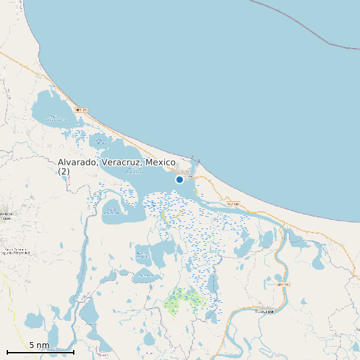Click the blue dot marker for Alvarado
click(x=179, y=179)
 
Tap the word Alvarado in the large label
click(x=76, y=163)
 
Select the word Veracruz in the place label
click(x=121, y=163)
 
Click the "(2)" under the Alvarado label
click(x=63, y=171)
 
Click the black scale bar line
click(x=40, y=352)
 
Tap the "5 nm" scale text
click(x=39, y=345)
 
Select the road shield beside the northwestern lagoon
click(x=81, y=110)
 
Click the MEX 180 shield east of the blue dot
click(x=232, y=203)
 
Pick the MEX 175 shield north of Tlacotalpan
click(x=284, y=284)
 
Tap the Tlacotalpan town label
click(x=264, y=310)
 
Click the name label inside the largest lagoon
click(x=134, y=171)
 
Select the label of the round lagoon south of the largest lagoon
click(x=112, y=211)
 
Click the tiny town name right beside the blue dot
click(x=189, y=177)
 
